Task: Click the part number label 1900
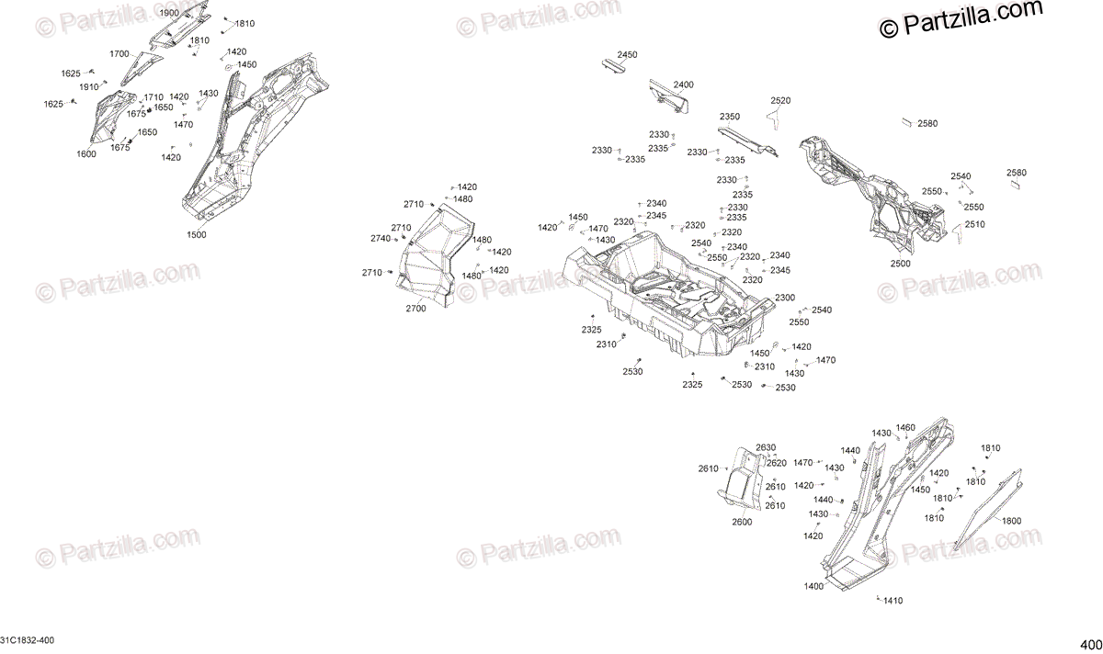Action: click(169, 14)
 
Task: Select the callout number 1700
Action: click(119, 54)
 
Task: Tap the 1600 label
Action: click(86, 153)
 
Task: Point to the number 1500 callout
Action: click(197, 234)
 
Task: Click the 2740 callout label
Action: click(381, 239)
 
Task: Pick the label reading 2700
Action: click(415, 309)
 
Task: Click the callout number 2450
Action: click(627, 55)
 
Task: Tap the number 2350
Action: click(730, 117)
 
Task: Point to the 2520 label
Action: click(780, 100)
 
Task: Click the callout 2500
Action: click(900, 264)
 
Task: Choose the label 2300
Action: click(785, 298)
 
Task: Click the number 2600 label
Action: click(742, 522)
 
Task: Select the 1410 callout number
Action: click(893, 601)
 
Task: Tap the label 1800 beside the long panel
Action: click(1011, 521)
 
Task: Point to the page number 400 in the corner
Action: click(1090, 643)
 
